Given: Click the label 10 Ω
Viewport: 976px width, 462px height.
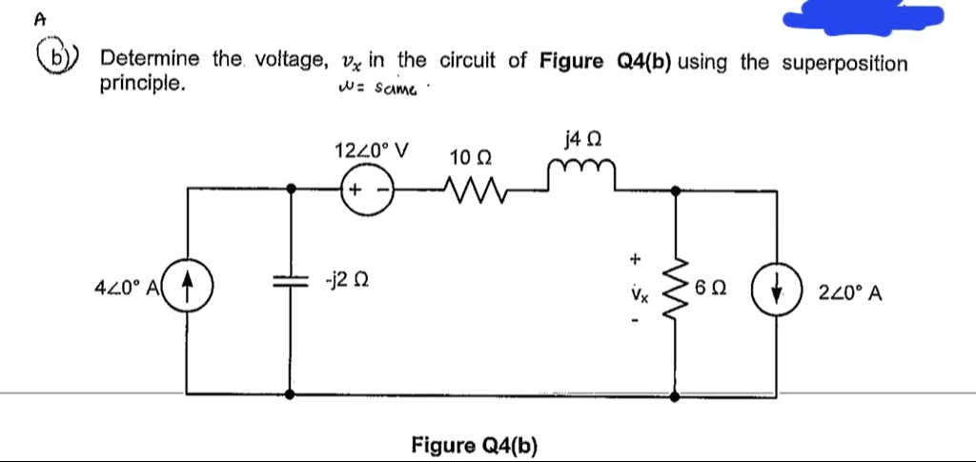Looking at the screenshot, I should (x=470, y=156).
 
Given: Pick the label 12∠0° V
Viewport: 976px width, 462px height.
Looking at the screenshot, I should (x=372, y=150).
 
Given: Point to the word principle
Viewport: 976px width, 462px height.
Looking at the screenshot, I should (x=142, y=83).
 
